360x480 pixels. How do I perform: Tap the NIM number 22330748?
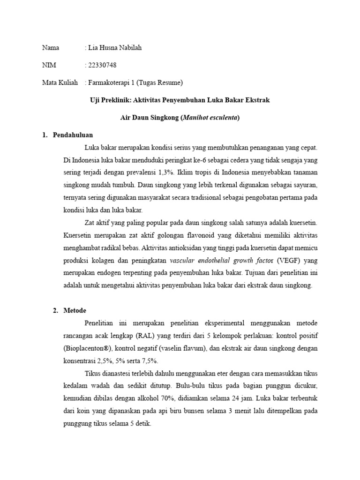point(103,65)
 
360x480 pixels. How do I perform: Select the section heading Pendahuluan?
point(72,135)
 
